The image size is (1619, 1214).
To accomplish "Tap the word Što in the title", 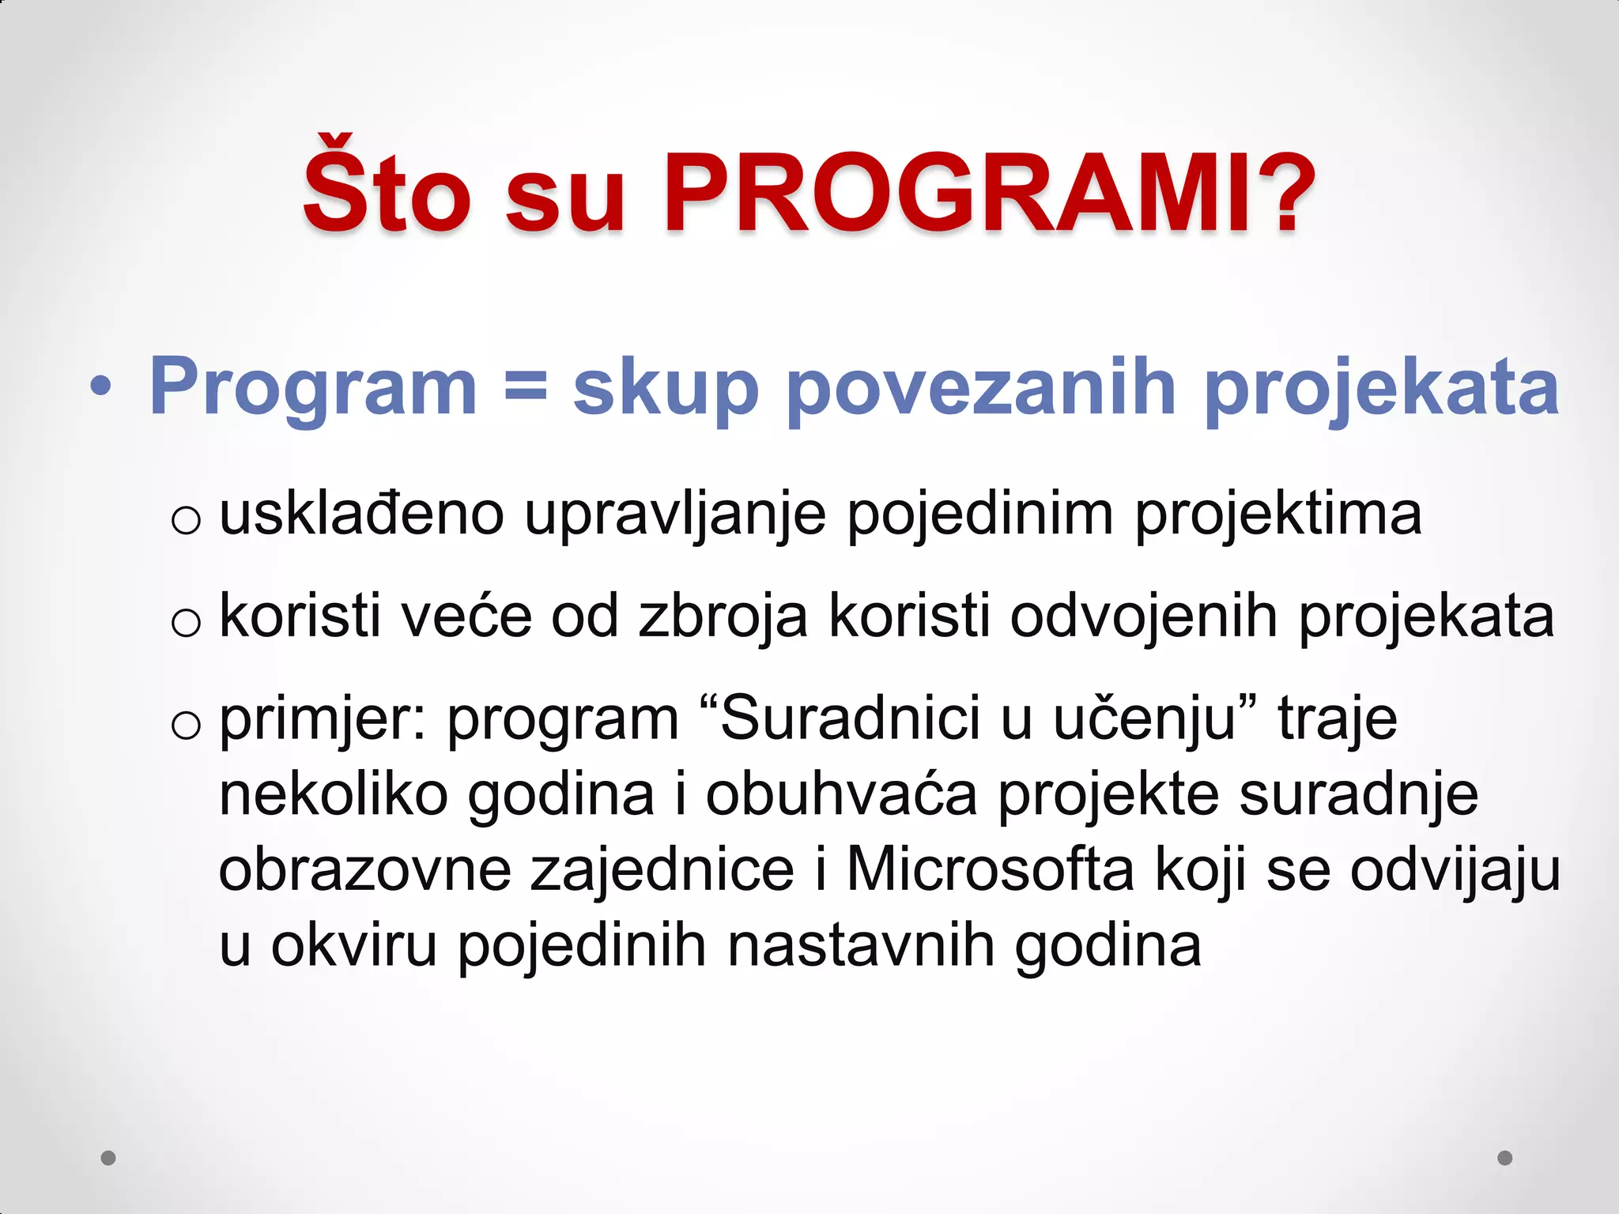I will pos(387,190).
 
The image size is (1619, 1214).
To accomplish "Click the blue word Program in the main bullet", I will pos(313,387).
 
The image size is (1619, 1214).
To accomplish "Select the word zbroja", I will pos(723,617).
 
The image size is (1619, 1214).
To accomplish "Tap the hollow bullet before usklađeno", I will pos(187,521).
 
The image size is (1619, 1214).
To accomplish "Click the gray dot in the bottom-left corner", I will pos(109,1158).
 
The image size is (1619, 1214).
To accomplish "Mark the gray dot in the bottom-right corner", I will pos(1505,1158).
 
